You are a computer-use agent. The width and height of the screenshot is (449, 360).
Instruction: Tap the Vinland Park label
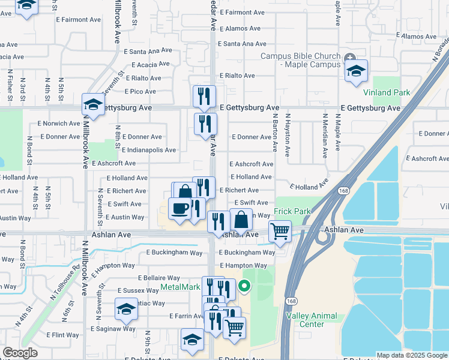387,92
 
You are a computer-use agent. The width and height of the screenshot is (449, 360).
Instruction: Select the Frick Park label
292,212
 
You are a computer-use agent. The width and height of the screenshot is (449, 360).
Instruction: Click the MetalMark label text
180,287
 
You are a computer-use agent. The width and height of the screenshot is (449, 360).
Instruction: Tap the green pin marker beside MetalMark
244,287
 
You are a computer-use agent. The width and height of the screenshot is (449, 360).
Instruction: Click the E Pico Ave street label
140,92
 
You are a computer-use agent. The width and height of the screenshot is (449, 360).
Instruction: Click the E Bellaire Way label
159,278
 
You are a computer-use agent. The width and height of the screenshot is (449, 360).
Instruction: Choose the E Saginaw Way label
113,329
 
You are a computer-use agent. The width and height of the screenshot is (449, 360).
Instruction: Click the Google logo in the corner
20,353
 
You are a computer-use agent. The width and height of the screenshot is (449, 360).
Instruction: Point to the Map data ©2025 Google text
411,355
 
